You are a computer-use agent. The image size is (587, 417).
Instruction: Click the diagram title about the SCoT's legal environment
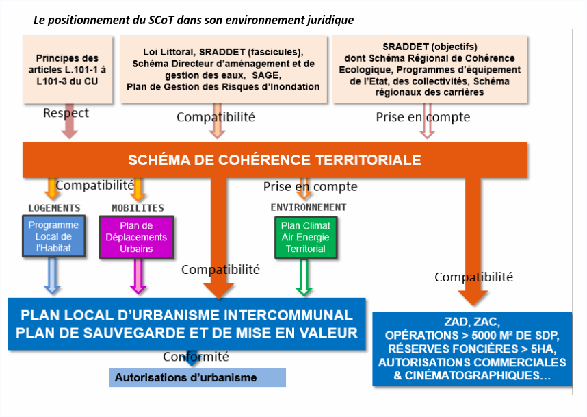(194, 20)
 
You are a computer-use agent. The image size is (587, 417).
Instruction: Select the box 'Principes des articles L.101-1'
(67, 69)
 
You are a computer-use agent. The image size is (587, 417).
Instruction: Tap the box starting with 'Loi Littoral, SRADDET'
(223, 69)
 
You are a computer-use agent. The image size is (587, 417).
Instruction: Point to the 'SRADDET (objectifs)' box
(430, 69)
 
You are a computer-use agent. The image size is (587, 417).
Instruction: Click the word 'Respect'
(66, 113)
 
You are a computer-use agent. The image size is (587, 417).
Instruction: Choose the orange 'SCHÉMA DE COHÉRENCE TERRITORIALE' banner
(275, 160)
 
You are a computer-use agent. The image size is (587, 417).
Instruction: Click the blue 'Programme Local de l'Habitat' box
(53, 236)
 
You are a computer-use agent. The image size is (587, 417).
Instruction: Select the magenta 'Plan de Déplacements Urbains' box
(136, 237)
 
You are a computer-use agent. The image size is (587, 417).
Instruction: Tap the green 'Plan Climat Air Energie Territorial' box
(306, 237)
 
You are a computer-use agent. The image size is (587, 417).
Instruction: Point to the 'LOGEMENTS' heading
(54, 208)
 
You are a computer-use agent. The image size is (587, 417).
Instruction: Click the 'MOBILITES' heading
(138, 208)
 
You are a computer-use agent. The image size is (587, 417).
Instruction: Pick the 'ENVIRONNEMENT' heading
(309, 207)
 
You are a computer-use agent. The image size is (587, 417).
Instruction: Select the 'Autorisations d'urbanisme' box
(197, 377)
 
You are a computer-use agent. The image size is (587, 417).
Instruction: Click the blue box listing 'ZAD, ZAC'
(472, 349)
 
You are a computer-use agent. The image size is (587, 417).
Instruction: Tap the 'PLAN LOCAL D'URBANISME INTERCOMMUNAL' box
(187, 324)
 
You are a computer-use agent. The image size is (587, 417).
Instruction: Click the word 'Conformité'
(196, 356)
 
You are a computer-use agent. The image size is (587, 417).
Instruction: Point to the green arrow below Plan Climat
(304, 277)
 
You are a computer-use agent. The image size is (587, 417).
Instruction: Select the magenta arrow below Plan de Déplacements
(138, 276)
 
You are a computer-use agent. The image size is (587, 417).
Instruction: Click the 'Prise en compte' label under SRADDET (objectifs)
(423, 117)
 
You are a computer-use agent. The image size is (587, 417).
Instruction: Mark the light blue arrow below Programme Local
(53, 276)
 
